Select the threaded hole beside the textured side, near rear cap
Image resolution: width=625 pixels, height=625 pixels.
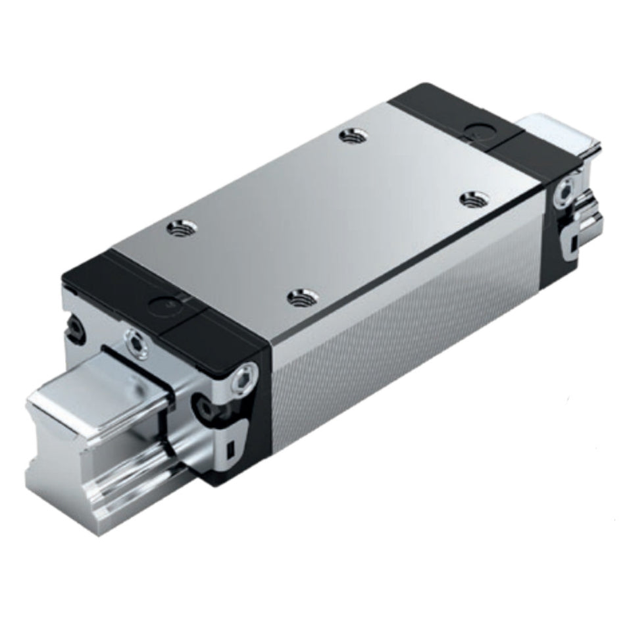(x=471, y=199)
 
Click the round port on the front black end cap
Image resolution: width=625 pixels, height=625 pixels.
(x=161, y=305)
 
